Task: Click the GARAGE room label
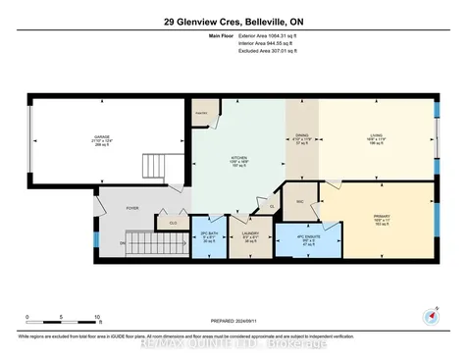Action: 98,138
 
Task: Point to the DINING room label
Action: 302,136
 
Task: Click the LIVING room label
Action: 378,136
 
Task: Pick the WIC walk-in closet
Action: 300,199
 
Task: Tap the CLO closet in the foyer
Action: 172,223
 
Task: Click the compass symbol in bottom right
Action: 429,316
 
